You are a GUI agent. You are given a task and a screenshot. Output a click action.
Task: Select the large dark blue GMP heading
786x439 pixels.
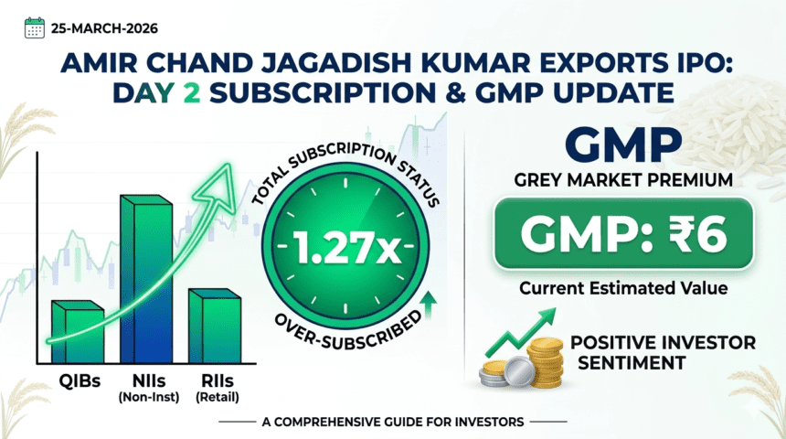coord(622,144)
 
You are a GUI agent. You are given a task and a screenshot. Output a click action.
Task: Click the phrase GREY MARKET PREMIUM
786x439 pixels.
coord(622,181)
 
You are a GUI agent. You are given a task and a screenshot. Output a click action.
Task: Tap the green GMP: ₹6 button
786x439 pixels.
coord(622,234)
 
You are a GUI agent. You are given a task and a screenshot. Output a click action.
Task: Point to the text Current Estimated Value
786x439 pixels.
coord(623,288)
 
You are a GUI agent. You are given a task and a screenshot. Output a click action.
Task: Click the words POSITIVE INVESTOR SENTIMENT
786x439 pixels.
coord(663,353)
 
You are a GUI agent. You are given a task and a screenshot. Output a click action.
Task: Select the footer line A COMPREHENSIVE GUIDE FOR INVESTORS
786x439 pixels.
coord(394,422)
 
